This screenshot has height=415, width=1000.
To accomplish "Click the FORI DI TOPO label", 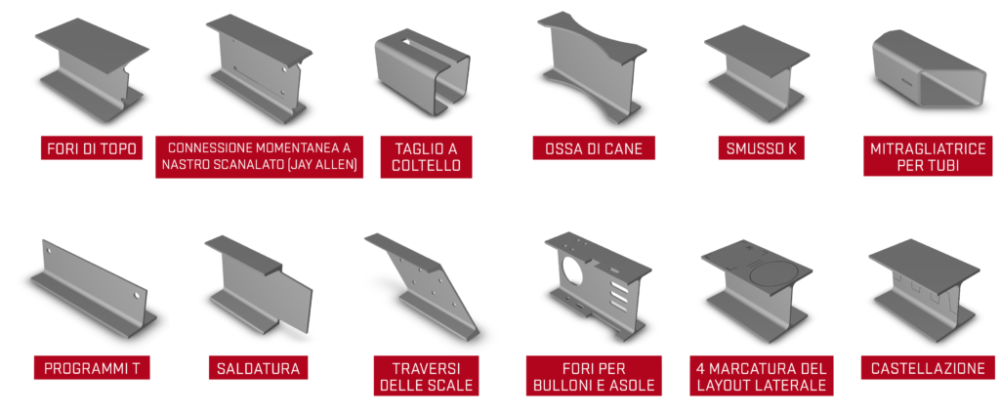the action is (x=91, y=148).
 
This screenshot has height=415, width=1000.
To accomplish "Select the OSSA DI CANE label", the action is (x=593, y=148).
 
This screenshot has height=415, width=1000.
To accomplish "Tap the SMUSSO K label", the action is (x=761, y=148).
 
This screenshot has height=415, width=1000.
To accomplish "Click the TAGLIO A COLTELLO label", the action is (x=426, y=157).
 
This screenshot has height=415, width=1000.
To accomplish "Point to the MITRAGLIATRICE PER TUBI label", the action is (x=928, y=157).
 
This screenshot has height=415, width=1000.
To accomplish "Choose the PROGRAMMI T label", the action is (x=92, y=368).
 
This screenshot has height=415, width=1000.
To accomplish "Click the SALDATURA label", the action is (x=258, y=368).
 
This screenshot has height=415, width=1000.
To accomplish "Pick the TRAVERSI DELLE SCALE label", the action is (x=426, y=376).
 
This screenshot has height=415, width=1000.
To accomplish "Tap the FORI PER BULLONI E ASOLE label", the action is (x=594, y=376).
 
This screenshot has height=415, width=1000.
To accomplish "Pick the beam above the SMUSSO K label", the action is (x=757, y=73).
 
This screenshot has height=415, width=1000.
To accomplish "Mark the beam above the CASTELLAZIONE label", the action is (x=924, y=289).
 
